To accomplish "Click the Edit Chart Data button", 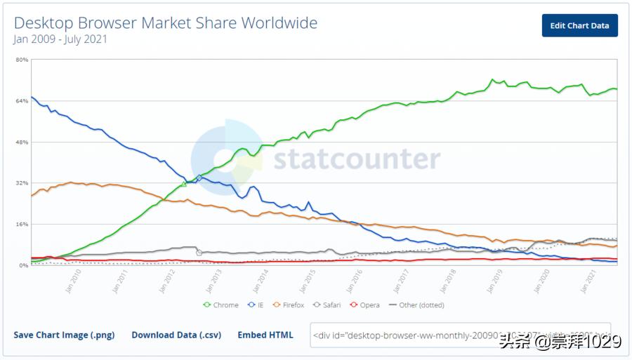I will pos(579,25).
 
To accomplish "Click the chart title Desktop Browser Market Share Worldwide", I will pos(166,23).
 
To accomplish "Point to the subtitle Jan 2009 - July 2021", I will pos(60,39).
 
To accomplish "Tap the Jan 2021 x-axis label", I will pos(588,279).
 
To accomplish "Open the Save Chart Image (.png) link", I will pos(64,335).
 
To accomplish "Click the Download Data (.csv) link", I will pos(176,335).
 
